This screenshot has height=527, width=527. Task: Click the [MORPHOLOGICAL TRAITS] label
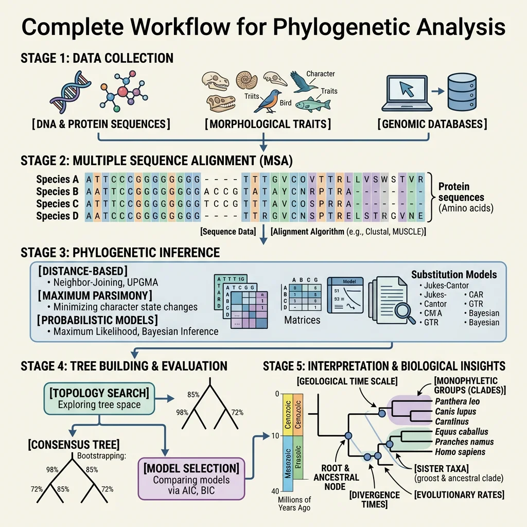[267, 124]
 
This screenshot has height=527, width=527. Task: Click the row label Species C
[57, 204]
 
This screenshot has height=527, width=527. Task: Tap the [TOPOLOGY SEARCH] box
[99, 399]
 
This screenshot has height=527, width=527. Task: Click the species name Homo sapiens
[460, 452]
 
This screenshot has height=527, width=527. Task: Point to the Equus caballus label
[461, 431]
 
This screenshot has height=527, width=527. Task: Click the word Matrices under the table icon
[302, 320]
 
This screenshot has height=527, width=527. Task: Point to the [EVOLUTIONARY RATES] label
[459, 495]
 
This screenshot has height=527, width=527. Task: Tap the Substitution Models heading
[454, 274]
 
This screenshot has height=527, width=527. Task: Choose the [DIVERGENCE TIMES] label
[374, 499]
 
